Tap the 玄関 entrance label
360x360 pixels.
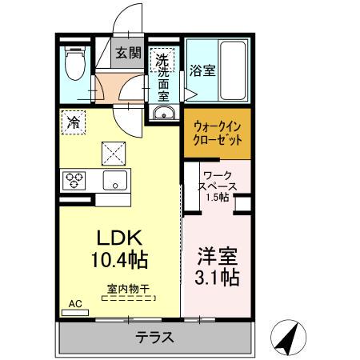127,54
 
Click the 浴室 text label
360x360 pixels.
201,69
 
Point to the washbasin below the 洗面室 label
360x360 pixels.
166,113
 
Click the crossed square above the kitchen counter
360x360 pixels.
113,150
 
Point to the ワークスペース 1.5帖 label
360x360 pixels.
217,185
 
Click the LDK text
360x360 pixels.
119,238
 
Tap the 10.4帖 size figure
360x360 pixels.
119,260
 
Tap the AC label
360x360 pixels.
74,304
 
